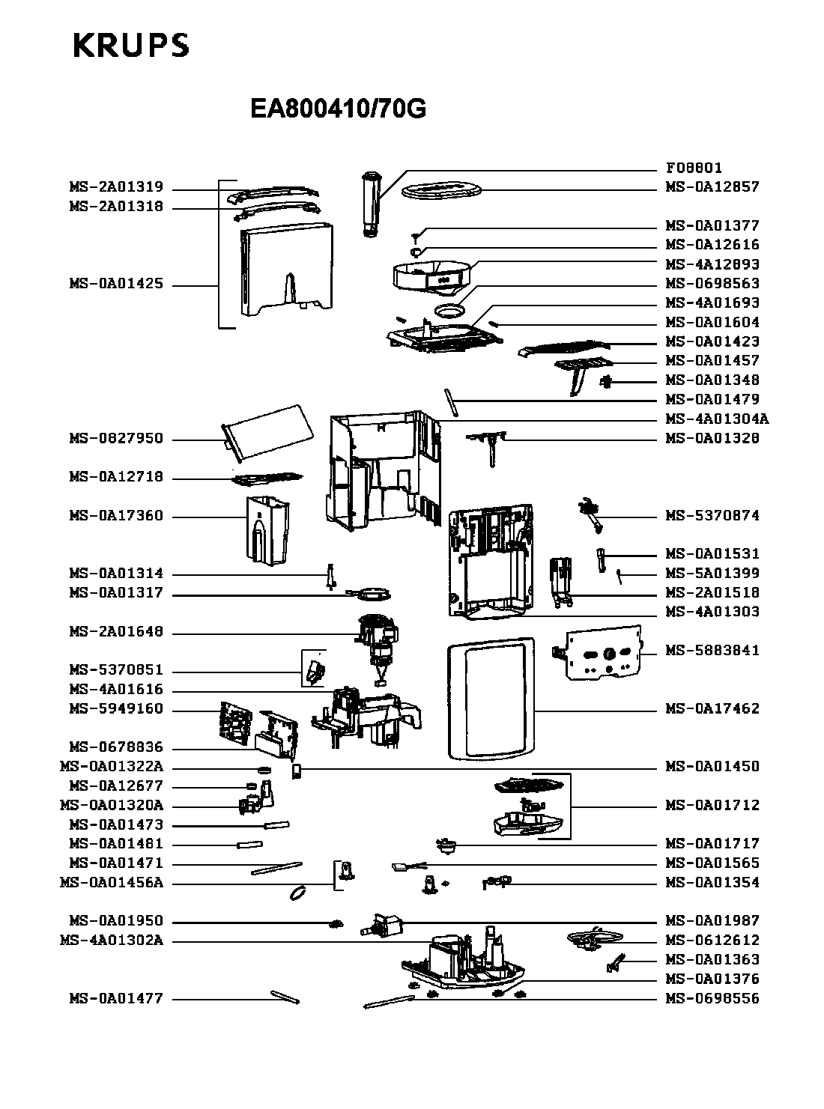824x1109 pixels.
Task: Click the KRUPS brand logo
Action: [131, 46]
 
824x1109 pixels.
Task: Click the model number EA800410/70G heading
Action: [338, 109]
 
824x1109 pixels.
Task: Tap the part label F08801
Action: [694, 168]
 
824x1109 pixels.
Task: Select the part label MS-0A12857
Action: [712, 187]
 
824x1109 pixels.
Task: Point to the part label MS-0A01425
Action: [117, 284]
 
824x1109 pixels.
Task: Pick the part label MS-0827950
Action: [117, 438]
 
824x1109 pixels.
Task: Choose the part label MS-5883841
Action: [712, 650]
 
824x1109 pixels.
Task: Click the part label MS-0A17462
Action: [712, 708]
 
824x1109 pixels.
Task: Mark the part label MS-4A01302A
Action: [112, 940]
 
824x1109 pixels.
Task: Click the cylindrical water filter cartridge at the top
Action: [371, 204]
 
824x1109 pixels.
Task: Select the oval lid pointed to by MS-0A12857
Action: [442, 190]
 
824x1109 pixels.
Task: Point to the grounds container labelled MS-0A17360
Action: [267, 531]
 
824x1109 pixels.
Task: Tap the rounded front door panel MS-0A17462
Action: [491, 699]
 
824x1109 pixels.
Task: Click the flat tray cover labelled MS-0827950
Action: [267, 433]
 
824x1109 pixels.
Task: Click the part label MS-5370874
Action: [712, 515]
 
